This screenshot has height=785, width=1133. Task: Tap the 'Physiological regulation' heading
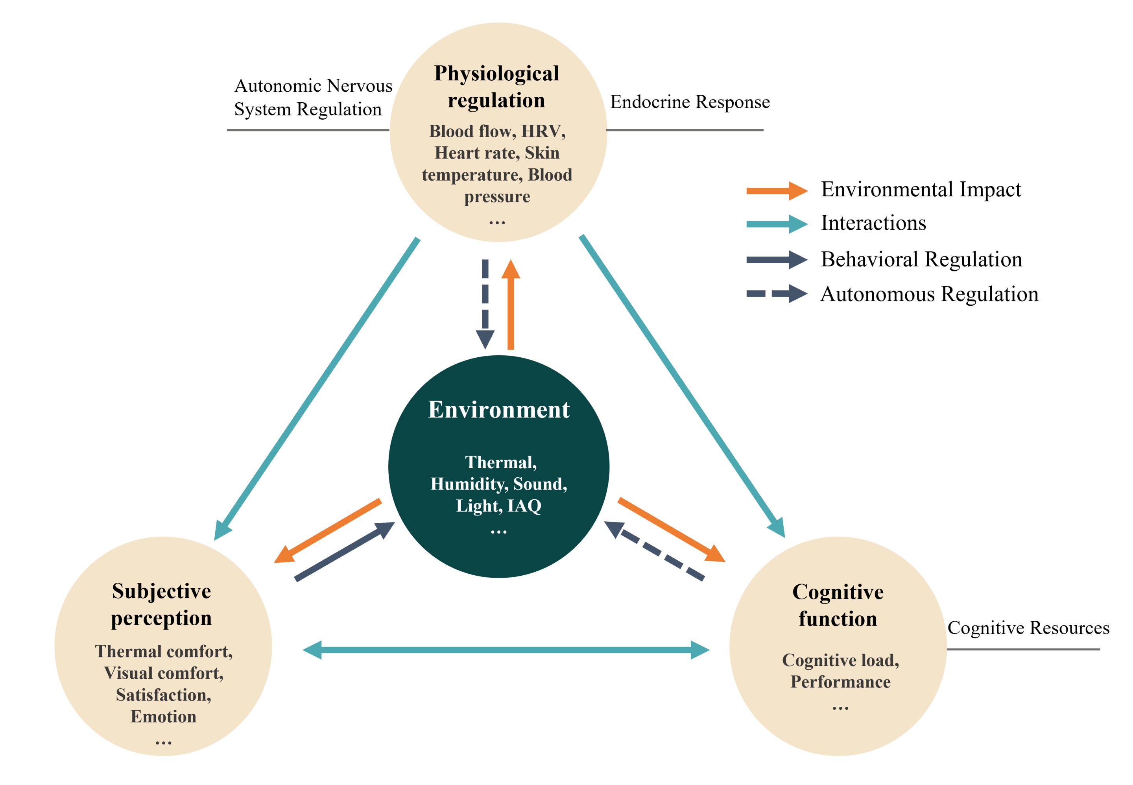coord(496,87)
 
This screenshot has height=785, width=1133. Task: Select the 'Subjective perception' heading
coord(161,604)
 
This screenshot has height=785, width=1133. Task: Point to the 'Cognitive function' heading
coord(838,605)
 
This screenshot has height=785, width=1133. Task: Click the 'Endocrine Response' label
coord(689,102)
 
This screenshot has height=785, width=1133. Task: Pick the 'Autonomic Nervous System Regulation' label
coord(313,98)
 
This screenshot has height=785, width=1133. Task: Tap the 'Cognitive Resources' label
coord(1028,628)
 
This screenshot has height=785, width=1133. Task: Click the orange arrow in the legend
coord(776,190)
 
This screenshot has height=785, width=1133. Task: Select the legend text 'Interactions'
coord(873,223)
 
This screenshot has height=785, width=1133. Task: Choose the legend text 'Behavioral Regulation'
coord(921,259)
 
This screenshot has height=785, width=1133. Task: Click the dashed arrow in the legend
coord(776,294)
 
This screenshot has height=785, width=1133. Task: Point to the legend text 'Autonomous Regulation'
coord(929,294)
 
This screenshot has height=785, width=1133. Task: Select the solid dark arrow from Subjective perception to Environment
coord(344,551)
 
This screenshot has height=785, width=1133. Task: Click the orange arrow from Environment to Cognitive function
coord(671,530)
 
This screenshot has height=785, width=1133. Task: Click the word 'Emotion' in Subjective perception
coord(163,717)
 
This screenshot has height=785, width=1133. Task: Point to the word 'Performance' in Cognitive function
coord(840,682)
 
